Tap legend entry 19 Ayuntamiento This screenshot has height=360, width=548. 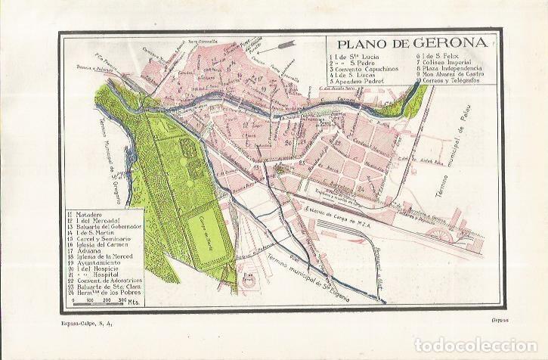101,269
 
